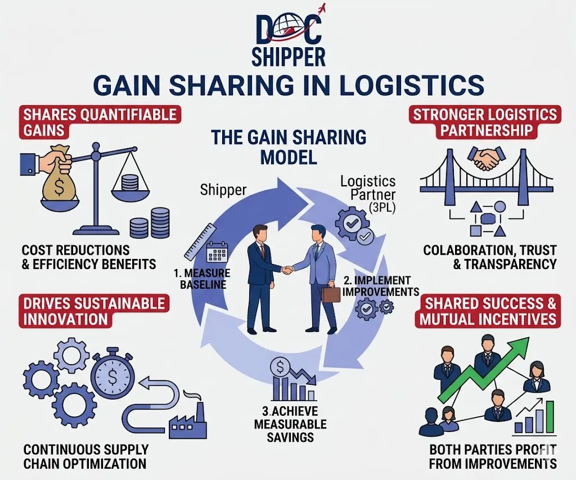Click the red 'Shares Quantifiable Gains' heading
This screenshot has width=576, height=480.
(x=100, y=123)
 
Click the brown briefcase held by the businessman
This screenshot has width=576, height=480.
(x=331, y=294)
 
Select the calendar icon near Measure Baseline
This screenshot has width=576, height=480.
(x=217, y=253)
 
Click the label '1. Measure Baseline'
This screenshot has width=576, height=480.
(x=202, y=279)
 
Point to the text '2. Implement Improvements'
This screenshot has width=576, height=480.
(x=381, y=286)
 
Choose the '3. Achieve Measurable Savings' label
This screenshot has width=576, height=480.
(x=290, y=424)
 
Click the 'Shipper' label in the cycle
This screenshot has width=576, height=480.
(x=223, y=190)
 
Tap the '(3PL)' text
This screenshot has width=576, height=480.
(x=382, y=208)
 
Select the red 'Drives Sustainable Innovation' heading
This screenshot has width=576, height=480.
(x=94, y=311)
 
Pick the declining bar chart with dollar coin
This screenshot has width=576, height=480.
(x=293, y=381)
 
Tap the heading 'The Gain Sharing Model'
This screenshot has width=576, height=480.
(x=289, y=147)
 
